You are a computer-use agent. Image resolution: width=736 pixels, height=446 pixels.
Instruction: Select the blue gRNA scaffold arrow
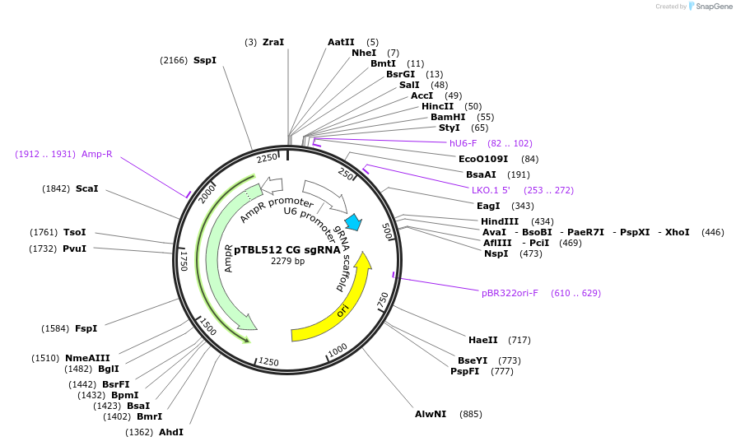point(354,221)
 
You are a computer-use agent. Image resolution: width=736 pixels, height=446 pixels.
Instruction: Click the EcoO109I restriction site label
point(483,159)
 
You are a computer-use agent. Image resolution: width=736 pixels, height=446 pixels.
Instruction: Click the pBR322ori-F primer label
point(510,293)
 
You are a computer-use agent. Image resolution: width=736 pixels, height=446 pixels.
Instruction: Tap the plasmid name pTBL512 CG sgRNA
point(287,250)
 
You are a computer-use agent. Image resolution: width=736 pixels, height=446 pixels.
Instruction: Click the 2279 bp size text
point(287,262)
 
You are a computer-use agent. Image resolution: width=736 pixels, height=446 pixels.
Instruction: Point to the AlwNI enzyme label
point(431,414)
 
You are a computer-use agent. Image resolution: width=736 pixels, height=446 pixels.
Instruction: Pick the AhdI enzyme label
point(171,432)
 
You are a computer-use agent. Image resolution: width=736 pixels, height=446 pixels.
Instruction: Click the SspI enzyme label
point(205,60)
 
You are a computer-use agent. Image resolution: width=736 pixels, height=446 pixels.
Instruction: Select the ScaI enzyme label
point(87,188)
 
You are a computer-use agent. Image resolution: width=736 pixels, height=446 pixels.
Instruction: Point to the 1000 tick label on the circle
point(337,352)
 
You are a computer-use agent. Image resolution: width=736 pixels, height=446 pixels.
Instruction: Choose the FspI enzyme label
point(86,328)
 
